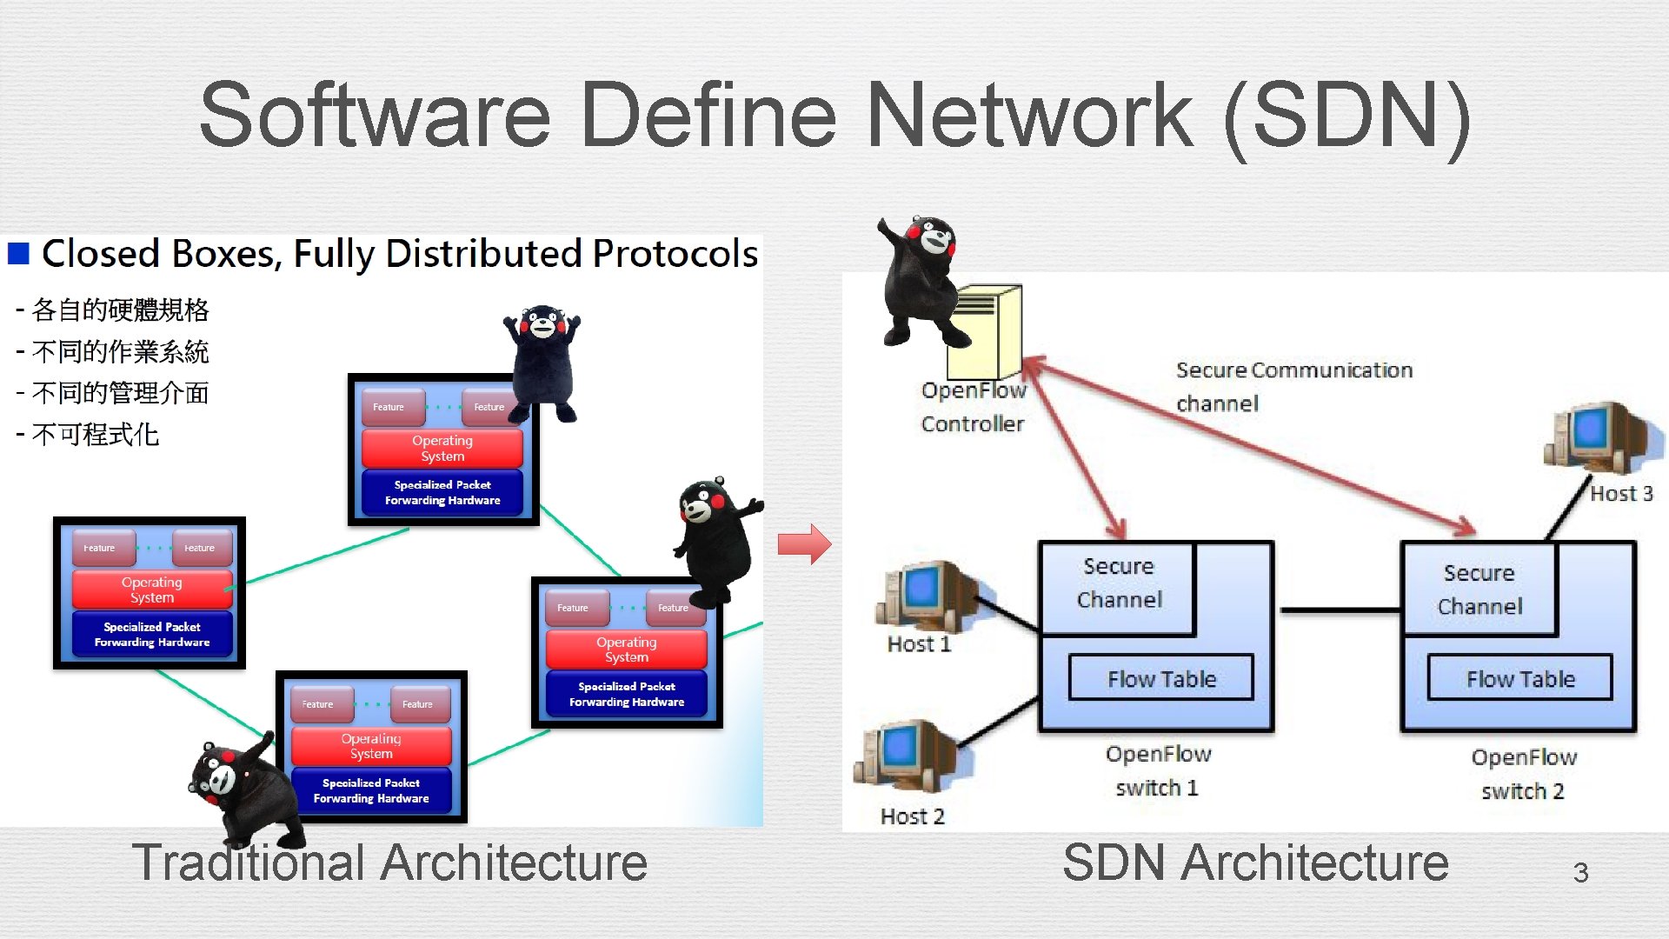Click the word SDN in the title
(1347, 115)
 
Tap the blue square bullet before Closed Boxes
(18, 253)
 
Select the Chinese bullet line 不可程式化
(95, 434)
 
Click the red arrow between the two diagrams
(804, 544)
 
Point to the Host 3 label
(1621, 494)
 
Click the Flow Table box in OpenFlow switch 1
(1160, 678)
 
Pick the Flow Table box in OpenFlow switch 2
(1520, 678)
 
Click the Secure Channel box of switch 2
(1479, 589)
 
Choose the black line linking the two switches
(1339, 610)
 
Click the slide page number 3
(1580, 872)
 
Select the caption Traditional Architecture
(389, 862)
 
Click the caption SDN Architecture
(1255, 862)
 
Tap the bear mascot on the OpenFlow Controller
(920, 278)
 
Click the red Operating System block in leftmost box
(152, 589)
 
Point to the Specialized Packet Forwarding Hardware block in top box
(442, 492)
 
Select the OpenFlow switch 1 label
(1157, 770)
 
